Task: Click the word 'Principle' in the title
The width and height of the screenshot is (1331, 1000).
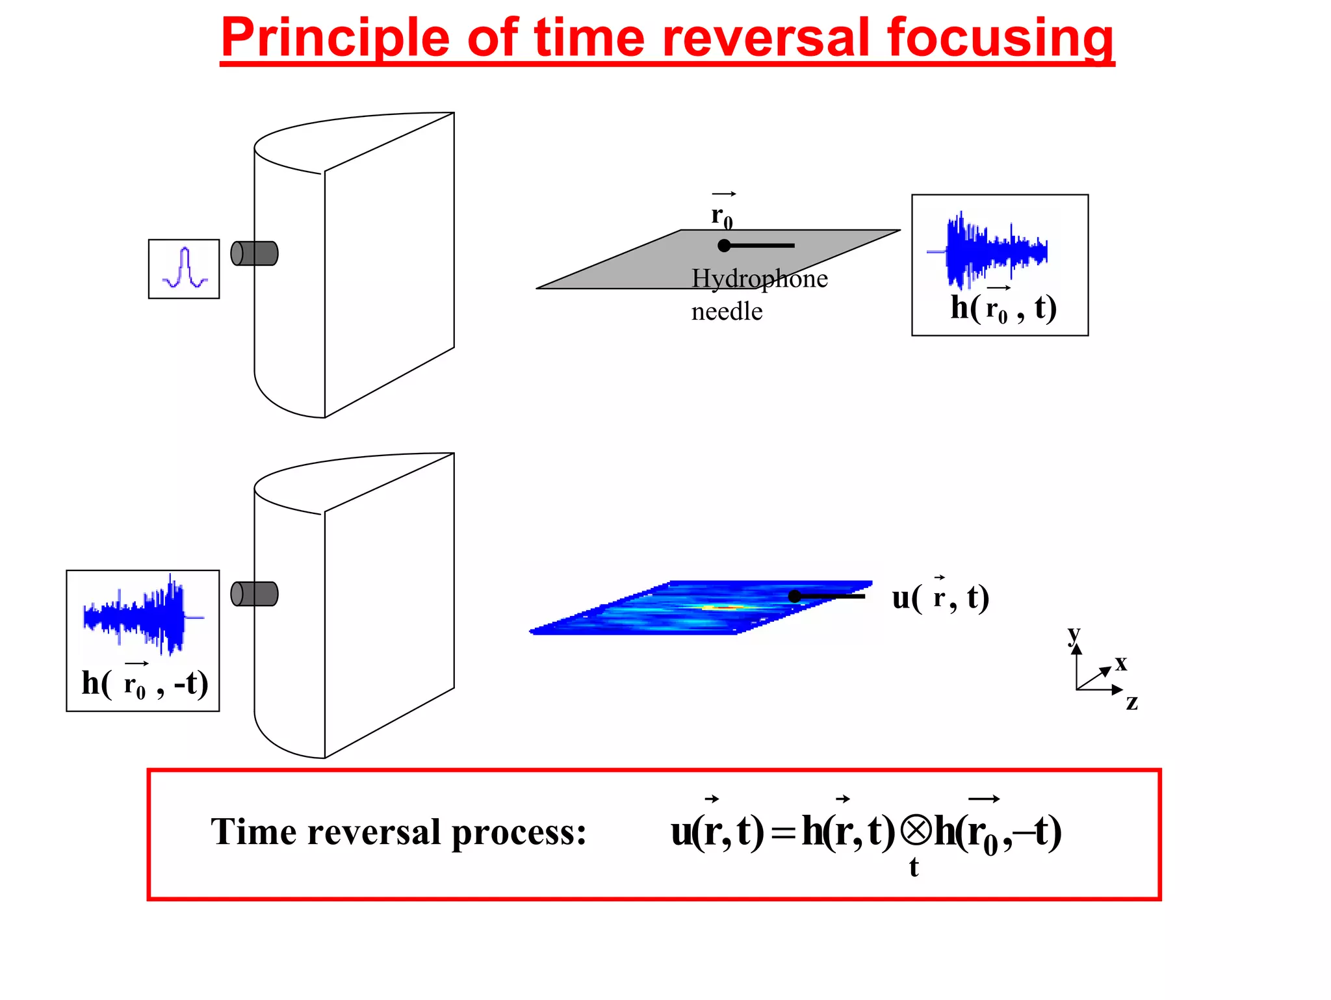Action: click(x=335, y=39)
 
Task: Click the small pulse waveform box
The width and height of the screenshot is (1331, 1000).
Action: click(x=184, y=269)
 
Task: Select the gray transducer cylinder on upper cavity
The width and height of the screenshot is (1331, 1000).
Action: click(x=255, y=253)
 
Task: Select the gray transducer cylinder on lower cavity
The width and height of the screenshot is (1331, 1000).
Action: click(x=255, y=594)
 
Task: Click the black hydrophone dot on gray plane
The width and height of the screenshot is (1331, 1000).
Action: click(x=724, y=246)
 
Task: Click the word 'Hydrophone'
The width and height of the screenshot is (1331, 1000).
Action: click(x=759, y=279)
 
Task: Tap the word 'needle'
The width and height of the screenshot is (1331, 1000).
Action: click(x=727, y=312)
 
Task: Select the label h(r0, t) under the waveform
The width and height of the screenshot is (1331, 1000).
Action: click(x=1003, y=308)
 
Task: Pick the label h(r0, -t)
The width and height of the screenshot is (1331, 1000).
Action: click(x=144, y=684)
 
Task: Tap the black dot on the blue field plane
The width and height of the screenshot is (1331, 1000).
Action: click(x=794, y=596)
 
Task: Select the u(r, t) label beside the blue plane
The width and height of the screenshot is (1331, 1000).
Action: click(x=940, y=598)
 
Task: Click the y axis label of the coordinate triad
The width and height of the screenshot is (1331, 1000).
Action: click(x=1074, y=634)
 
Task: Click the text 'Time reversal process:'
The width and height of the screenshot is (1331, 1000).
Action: click(x=398, y=832)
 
